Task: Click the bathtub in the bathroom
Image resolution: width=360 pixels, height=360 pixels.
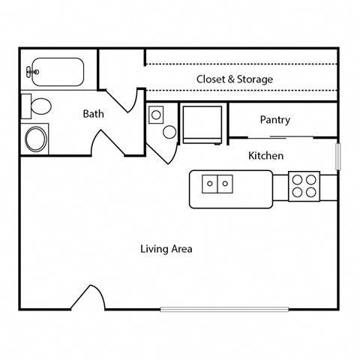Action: click(x=58, y=73)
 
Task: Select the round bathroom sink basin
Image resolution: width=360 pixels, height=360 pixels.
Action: click(x=34, y=137)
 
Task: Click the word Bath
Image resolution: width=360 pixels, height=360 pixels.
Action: click(x=93, y=115)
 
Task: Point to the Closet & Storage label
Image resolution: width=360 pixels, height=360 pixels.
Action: click(x=234, y=79)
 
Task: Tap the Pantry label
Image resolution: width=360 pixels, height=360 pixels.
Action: click(x=274, y=120)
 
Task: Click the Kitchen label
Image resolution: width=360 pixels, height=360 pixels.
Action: click(x=265, y=156)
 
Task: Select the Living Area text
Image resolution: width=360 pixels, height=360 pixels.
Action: click(x=166, y=248)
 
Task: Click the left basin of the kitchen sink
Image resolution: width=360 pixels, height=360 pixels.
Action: click(x=211, y=182)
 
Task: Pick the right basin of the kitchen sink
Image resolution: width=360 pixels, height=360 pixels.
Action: click(x=225, y=182)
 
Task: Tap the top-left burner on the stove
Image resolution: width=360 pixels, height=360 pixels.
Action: click(x=297, y=179)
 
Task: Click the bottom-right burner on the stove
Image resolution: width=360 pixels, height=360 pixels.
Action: click(x=311, y=192)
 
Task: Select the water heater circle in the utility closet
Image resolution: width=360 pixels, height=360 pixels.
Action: click(x=169, y=132)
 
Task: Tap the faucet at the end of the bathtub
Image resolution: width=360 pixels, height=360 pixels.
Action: click(x=31, y=73)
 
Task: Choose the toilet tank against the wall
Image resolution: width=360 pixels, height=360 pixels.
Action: click(x=25, y=105)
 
